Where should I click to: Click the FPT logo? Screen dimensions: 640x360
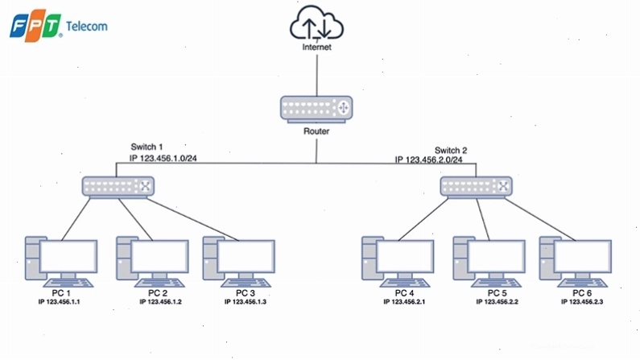(x=36, y=27)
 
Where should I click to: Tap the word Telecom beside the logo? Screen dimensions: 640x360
(x=86, y=27)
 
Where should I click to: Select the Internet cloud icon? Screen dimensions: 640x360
(x=316, y=23)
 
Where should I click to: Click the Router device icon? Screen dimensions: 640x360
(x=316, y=109)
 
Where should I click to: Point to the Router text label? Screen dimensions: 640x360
(x=316, y=131)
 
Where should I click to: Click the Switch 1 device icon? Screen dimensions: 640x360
(x=118, y=188)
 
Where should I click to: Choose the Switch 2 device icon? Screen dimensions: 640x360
(x=476, y=188)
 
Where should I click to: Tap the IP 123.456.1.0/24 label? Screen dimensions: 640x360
(x=163, y=158)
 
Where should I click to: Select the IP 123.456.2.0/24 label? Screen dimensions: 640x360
(x=428, y=159)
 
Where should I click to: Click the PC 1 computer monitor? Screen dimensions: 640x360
(x=68, y=256)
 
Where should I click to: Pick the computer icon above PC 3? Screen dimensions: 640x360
(x=239, y=262)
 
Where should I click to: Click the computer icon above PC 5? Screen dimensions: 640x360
(x=489, y=262)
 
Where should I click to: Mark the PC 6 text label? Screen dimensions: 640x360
(x=582, y=293)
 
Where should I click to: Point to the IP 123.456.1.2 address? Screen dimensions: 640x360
(x=160, y=302)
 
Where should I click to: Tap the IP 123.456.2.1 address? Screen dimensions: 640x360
(x=404, y=302)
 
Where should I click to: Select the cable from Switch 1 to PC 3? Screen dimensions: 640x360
(x=192, y=220)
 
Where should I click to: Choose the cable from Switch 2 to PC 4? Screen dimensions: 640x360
(x=423, y=219)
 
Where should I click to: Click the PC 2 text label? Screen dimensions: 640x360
(x=158, y=293)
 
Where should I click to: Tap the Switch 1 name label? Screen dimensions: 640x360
(x=147, y=147)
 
